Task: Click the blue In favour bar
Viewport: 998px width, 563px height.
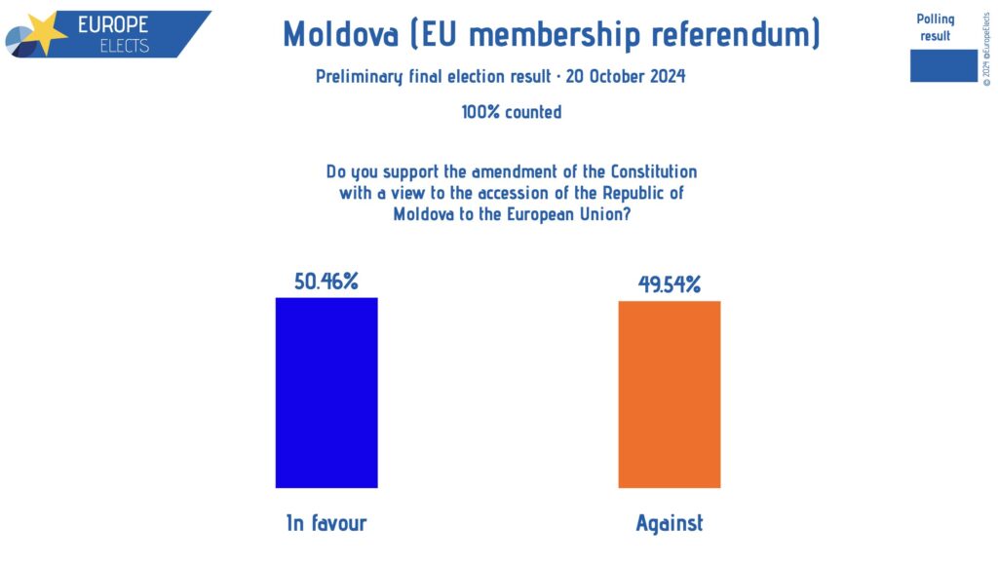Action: coord(326,392)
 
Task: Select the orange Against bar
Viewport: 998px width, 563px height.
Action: coord(669,394)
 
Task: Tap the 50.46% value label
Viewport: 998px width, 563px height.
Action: coord(326,282)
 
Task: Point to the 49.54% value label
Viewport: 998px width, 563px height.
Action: coord(670,284)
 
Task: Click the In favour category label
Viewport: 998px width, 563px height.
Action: coord(326,523)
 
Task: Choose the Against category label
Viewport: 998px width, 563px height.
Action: coord(669,523)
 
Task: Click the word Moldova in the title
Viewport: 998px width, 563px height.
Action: coord(340,35)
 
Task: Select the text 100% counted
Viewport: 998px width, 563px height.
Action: coord(512,112)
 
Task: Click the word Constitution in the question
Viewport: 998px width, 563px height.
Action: coord(647,171)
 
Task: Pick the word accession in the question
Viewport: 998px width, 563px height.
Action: coord(497,193)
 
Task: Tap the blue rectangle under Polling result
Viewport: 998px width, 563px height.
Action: coord(943,65)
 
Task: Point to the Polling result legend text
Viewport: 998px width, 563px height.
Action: coord(936,27)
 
